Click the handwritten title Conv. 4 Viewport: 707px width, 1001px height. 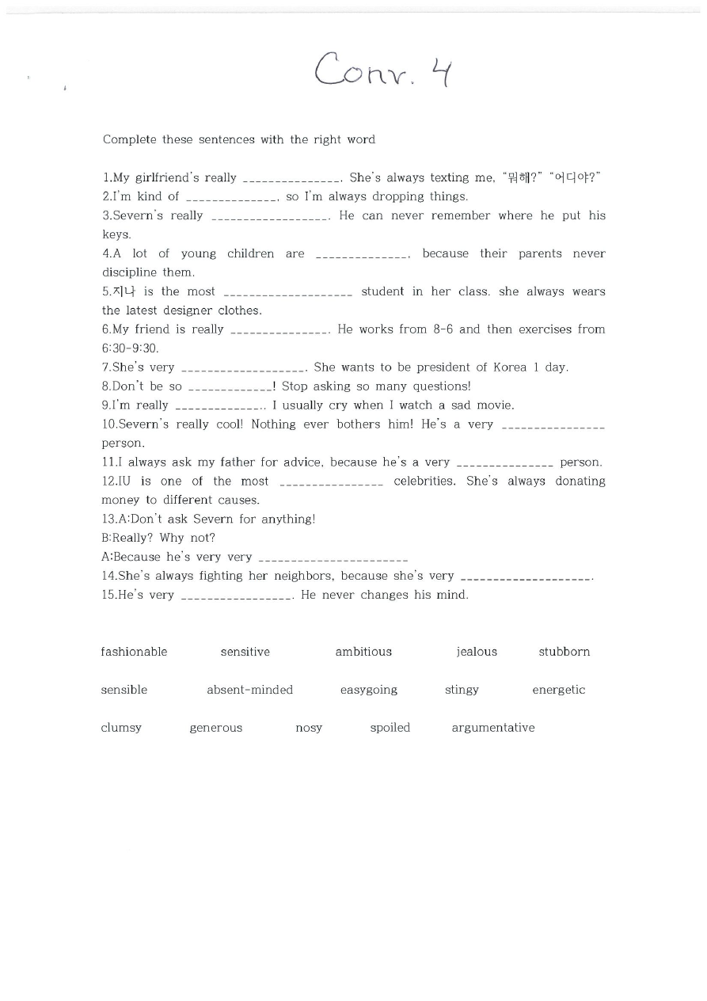[x=383, y=70]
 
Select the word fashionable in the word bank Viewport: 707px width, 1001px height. [x=134, y=652]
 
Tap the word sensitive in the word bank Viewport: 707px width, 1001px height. [x=245, y=652]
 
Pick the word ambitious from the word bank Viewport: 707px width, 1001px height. [x=363, y=652]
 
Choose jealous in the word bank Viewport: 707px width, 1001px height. [x=477, y=652]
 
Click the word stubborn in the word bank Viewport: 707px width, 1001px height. [x=564, y=652]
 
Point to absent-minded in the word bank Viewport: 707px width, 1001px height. [x=249, y=690]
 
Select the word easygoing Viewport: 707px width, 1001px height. [x=369, y=690]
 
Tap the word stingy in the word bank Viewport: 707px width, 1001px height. [x=462, y=690]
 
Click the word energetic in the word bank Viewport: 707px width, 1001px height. [x=558, y=690]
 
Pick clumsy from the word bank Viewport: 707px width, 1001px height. [x=121, y=728]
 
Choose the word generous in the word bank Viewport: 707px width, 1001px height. [x=215, y=728]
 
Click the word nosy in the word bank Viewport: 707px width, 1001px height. [x=309, y=728]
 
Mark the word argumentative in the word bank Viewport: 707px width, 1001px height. [x=493, y=728]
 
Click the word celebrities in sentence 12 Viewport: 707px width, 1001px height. [x=424, y=481]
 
